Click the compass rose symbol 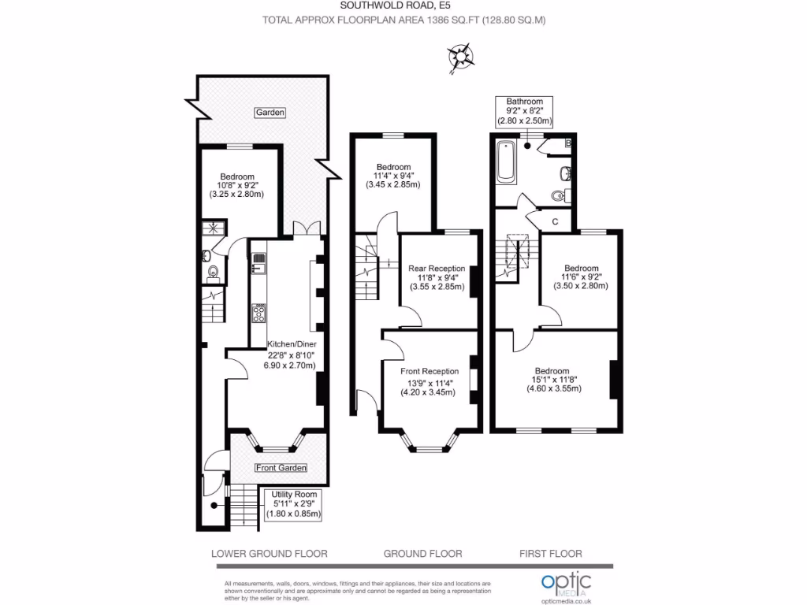pos(461,58)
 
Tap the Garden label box pos(270,113)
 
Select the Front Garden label pos(281,468)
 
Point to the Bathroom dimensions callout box pos(524,112)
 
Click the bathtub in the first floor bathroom pos(505,161)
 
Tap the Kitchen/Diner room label pos(291,354)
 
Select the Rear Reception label pos(436,277)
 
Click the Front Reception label pos(430,380)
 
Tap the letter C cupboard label pos(555,221)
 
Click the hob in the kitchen pos(258,314)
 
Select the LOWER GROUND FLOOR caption pos(270,553)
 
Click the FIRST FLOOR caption pos(550,553)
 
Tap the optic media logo pos(566,585)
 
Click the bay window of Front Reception pos(430,446)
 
